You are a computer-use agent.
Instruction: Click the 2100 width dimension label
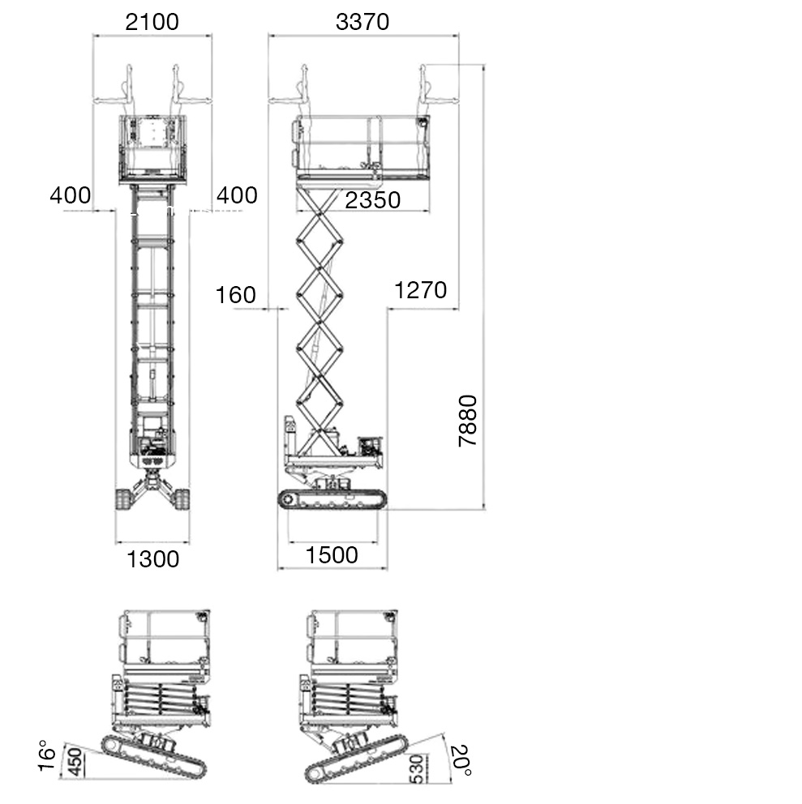coord(152,22)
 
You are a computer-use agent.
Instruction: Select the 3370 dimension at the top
coord(362,22)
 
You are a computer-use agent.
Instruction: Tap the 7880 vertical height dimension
coord(467,421)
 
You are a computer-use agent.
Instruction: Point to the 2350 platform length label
coord(372,200)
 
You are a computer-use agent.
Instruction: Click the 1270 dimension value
coord(420,290)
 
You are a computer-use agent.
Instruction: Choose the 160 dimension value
coord(235,295)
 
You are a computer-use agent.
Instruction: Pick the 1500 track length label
coord(332,555)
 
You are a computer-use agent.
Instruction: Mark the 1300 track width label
coord(152,559)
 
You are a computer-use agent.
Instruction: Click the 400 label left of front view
coord(71,195)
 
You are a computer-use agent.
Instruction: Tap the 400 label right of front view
coord(237,195)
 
